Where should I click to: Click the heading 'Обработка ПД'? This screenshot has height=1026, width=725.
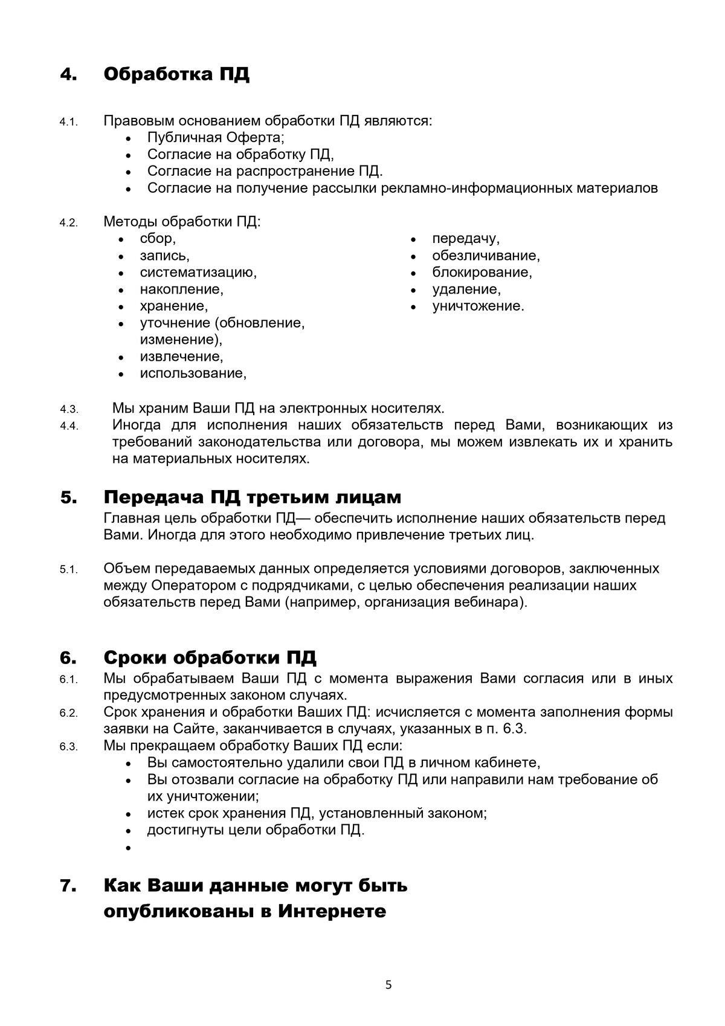click(x=176, y=75)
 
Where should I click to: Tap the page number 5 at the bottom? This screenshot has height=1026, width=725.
click(x=388, y=986)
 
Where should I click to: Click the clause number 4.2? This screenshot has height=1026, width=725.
click(x=69, y=222)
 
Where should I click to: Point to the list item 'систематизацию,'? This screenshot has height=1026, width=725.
click(x=198, y=273)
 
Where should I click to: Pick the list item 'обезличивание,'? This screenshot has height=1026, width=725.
click(x=486, y=256)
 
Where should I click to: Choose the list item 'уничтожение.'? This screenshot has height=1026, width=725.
click(x=478, y=306)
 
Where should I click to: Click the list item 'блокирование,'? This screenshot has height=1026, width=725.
click(x=482, y=273)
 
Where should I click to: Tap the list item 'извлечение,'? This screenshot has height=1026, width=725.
click(x=181, y=357)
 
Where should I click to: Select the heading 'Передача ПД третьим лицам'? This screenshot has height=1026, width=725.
click(x=252, y=498)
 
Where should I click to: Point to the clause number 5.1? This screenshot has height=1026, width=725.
click(x=69, y=570)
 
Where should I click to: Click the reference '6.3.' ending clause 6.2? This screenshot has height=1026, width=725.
click(x=515, y=729)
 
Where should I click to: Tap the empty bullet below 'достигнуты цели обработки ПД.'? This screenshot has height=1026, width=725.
click(x=129, y=848)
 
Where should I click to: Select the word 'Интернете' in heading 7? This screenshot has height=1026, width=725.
click(x=332, y=911)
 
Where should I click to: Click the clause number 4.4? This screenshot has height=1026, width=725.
click(x=69, y=426)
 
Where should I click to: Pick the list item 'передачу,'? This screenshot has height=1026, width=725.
click(x=465, y=239)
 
